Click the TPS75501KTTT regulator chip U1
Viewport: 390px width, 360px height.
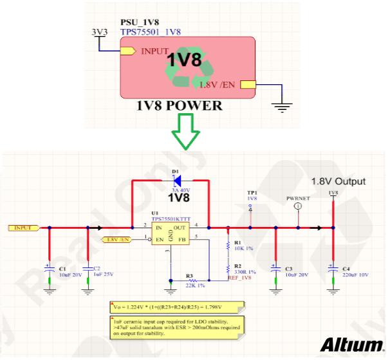tap(170, 233)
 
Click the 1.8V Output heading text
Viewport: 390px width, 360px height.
tap(338, 180)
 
